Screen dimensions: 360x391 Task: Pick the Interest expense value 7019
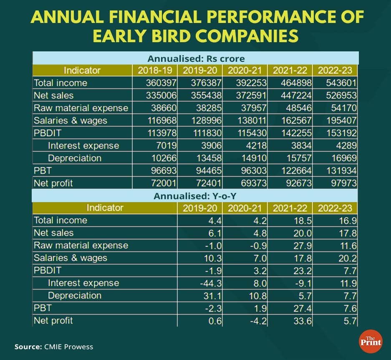[x=166, y=145]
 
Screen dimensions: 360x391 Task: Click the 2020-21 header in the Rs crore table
[x=244, y=70]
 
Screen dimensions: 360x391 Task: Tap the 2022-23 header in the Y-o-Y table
[x=335, y=208]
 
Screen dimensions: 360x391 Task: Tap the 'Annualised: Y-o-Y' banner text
[x=195, y=196]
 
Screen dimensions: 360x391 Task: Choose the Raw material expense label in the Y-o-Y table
[x=81, y=245]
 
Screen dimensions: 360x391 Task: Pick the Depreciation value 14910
[x=255, y=158]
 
